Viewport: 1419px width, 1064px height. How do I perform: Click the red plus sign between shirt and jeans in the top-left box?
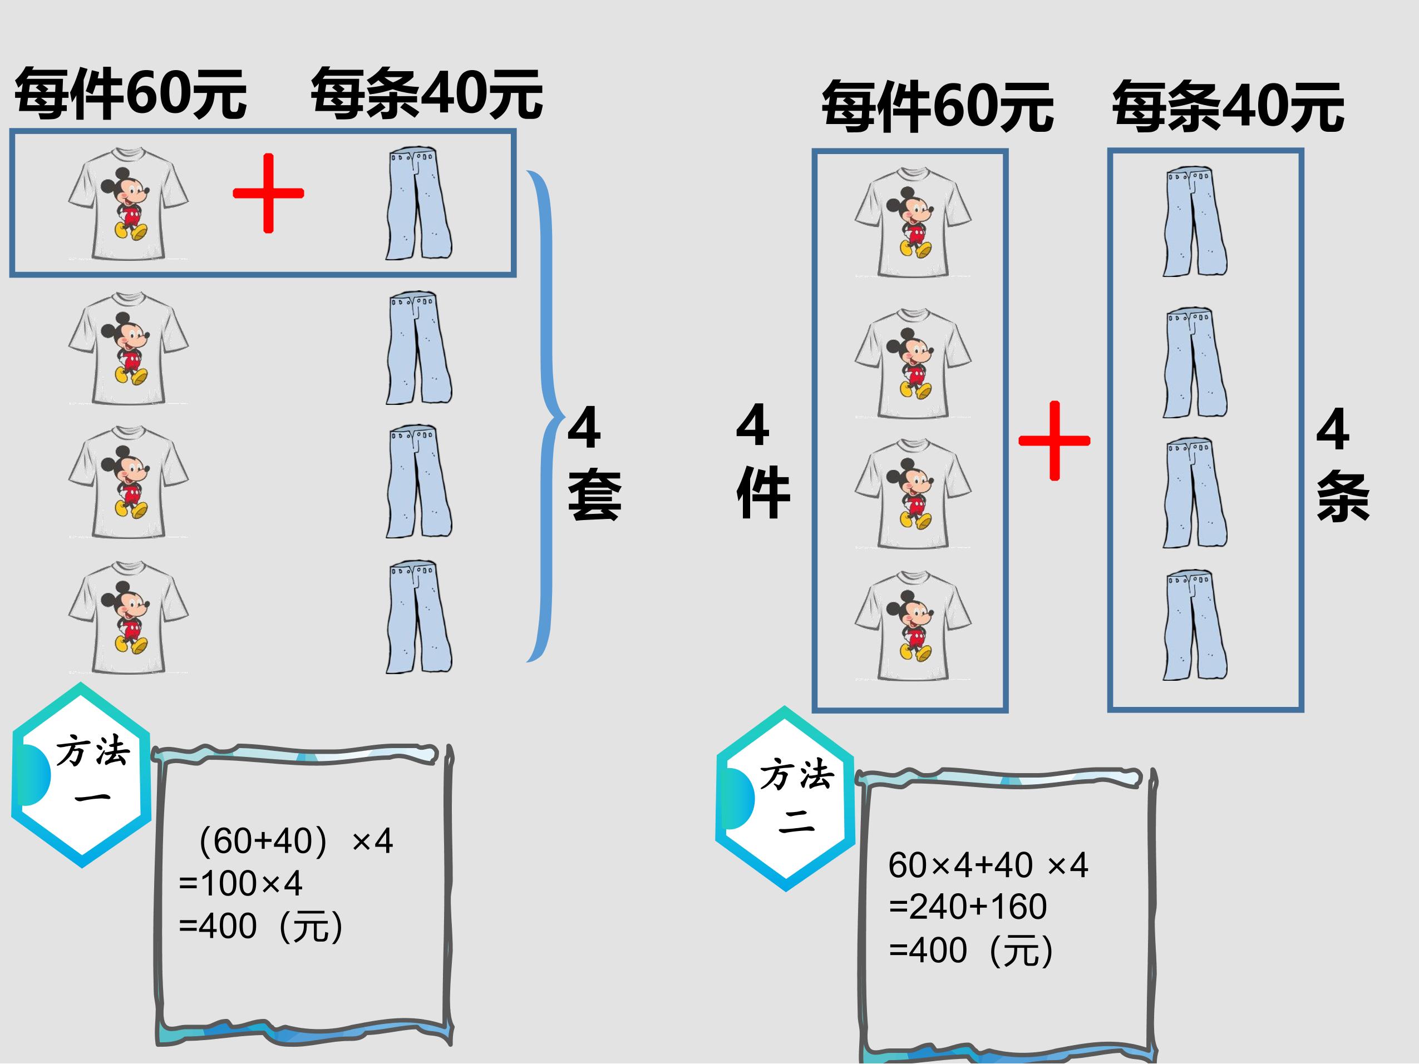[268, 193]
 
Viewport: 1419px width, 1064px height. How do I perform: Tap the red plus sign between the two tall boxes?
[1054, 441]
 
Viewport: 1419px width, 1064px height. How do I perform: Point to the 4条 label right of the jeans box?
[1343, 464]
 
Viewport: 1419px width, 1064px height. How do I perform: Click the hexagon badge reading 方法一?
[81, 775]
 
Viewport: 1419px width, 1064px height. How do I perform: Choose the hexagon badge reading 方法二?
[785, 799]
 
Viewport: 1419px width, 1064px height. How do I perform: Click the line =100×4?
[240, 884]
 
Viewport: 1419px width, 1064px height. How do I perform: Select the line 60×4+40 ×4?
[988, 865]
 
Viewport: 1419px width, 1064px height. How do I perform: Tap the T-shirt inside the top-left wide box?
[129, 204]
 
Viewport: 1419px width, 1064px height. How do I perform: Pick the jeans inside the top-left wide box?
[419, 204]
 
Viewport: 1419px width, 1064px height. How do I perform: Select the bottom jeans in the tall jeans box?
[1195, 625]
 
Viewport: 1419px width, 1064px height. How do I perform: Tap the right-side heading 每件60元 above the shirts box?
[937, 106]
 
